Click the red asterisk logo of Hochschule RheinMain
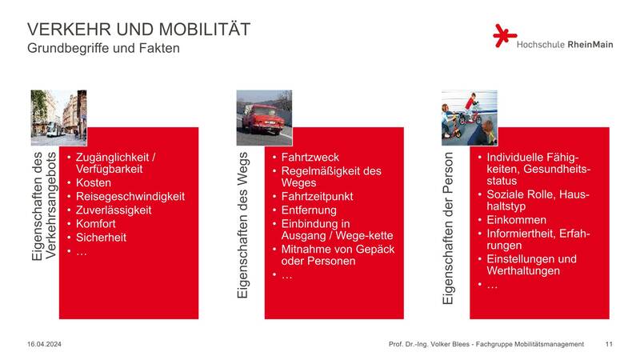pyautogui.click(x=505, y=35)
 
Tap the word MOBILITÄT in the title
pyautogui.click(x=205, y=30)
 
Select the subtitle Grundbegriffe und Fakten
pyautogui.click(x=104, y=48)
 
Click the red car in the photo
pyautogui.click(x=263, y=118)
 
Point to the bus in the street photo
pyautogui.click(x=54, y=129)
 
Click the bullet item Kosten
pyautogui.click(x=94, y=183)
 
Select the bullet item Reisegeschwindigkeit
pyautogui.click(x=130, y=196)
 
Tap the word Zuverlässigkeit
pyautogui.click(x=114, y=210)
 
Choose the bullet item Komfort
pyautogui.click(x=96, y=224)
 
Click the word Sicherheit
pyautogui.click(x=102, y=237)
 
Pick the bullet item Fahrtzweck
pyautogui.click(x=310, y=158)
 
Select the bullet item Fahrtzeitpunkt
pyautogui.click(x=317, y=196)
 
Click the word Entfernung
pyautogui.click(x=309, y=210)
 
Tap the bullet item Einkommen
pyautogui.click(x=516, y=220)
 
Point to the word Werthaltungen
pyautogui.click(x=523, y=271)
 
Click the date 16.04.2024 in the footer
pyautogui.click(x=44, y=344)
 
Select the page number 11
pyautogui.click(x=609, y=344)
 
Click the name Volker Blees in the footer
pyautogui.click(x=450, y=344)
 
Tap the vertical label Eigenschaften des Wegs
pyautogui.click(x=242, y=225)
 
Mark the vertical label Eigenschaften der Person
pyautogui.click(x=448, y=228)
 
